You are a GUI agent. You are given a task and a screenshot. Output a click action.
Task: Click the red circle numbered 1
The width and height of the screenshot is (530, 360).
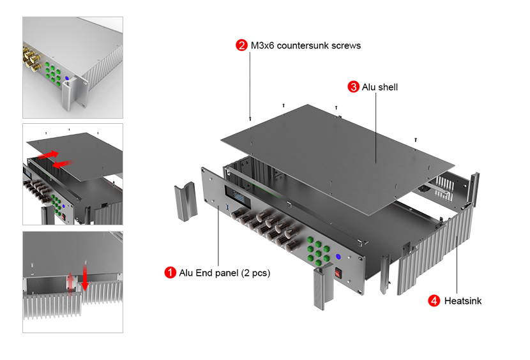(170, 273)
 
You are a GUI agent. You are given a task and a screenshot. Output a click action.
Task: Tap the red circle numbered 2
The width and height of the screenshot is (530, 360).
(241, 45)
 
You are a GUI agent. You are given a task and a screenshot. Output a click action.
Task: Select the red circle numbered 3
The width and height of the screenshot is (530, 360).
(353, 87)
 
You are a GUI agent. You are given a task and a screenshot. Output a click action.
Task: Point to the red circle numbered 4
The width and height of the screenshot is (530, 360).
(434, 301)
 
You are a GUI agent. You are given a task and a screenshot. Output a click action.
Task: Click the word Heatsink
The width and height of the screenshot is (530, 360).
(463, 301)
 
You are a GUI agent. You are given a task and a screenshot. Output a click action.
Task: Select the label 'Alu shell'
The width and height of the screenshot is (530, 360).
(379, 87)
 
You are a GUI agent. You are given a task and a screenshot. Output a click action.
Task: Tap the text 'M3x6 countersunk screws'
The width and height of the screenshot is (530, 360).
(306, 45)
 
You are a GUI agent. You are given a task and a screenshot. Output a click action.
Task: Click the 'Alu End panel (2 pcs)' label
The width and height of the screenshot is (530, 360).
(224, 273)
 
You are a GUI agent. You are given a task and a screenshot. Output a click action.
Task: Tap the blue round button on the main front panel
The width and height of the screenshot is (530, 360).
(338, 257)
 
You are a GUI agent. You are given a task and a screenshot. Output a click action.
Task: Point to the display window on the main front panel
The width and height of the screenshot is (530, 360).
(238, 195)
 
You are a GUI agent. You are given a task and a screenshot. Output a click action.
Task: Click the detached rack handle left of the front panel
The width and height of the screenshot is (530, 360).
(186, 202)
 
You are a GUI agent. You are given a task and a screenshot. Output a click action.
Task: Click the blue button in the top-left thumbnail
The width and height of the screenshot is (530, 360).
(67, 78)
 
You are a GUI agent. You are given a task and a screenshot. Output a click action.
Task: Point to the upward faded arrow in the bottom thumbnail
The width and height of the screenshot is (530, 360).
(70, 283)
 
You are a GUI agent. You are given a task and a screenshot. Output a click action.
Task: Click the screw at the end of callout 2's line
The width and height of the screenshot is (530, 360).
(250, 119)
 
